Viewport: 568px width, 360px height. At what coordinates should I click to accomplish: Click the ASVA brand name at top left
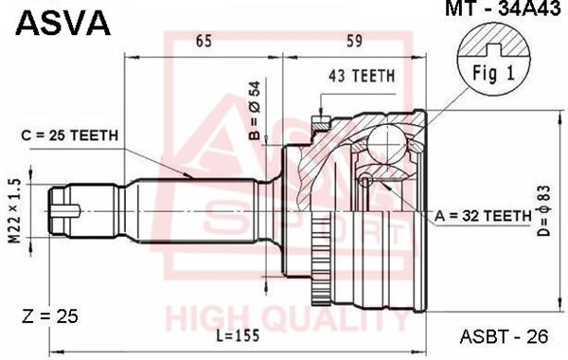click(62, 23)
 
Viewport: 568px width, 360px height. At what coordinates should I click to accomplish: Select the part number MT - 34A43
click(503, 8)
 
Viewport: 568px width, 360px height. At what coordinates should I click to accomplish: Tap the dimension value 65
click(204, 41)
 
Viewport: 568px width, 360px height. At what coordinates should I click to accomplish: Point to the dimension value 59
click(354, 41)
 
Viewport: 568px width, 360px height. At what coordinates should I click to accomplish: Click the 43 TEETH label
click(362, 76)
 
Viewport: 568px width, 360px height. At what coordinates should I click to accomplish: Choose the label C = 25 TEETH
click(70, 135)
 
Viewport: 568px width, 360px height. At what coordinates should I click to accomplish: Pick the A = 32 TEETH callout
click(483, 216)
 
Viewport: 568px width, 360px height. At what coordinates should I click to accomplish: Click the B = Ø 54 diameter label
click(256, 111)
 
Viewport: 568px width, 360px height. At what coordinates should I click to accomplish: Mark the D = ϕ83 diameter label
click(543, 210)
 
